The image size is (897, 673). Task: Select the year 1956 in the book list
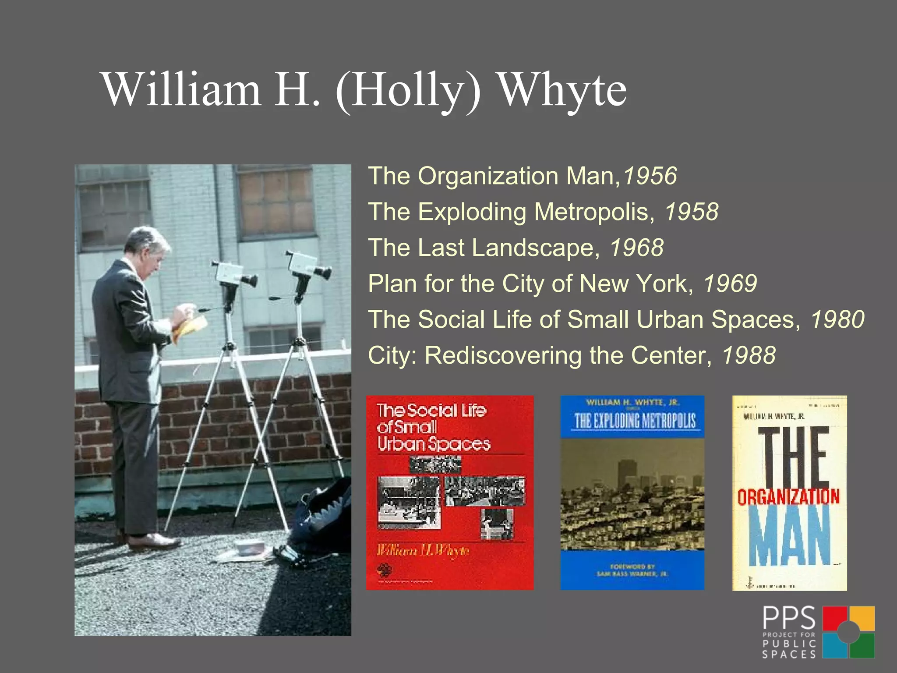(650, 176)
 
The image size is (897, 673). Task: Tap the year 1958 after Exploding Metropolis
(692, 212)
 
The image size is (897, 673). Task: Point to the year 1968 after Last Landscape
(637, 248)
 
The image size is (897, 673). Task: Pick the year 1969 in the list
(730, 283)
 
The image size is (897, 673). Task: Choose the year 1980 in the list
(837, 319)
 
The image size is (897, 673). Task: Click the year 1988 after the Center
(749, 355)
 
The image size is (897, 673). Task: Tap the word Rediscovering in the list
(503, 355)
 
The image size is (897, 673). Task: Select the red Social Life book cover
(450, 492)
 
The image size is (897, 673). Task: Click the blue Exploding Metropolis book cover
(632, 492)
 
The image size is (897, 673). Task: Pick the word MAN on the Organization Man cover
(789, 536)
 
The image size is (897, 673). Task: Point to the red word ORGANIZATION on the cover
(788, 497)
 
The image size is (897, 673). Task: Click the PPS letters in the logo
(789, 618)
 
